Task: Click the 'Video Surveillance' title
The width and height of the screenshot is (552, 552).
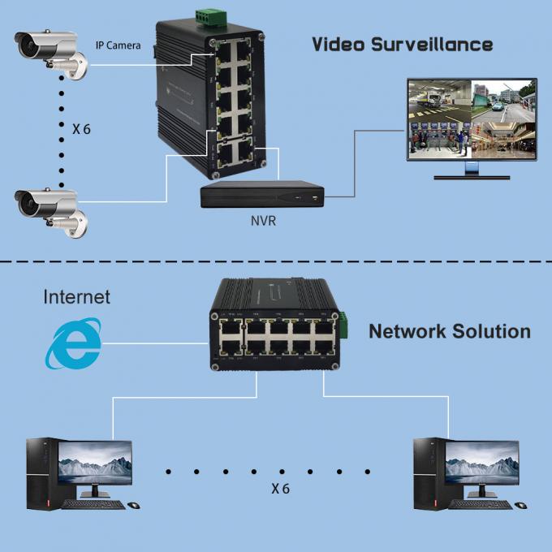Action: pyautogui.click(x=402, y=44)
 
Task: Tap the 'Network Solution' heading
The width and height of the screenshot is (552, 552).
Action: pyautogui.click(x=449, y=331)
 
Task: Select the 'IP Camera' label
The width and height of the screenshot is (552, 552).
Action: pyautogui.click(x=118, y=45)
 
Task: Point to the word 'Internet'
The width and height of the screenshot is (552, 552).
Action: pyautogui.click(x=76, y=297)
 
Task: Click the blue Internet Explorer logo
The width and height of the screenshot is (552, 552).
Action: pyautogui.click(x=73, y=343)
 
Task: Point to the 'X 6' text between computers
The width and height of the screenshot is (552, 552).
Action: pyautogui.click(x=279, y=489)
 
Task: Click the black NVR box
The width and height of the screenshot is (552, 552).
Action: pyautogui.click(x=262, y=194)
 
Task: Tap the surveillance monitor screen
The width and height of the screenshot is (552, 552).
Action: pyautogui.click(x=471, y=119)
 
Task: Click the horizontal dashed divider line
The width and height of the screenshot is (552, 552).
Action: pyautogui.click(x=276, y=262)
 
